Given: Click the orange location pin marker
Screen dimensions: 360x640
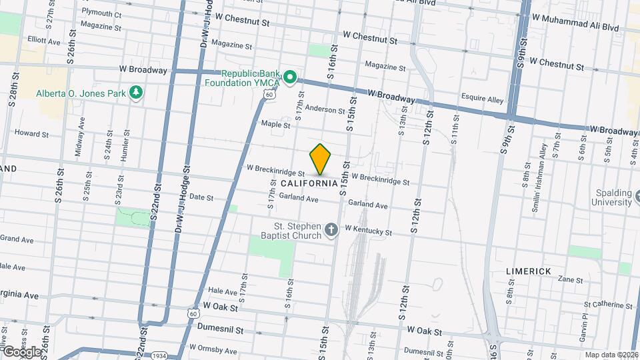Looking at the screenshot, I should coord(321,159).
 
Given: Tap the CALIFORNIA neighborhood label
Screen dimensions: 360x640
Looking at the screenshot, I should coord(309,183).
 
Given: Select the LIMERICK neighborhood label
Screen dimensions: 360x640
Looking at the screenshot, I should coord(528,271).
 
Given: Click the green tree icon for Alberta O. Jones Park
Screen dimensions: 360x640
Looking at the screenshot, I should coord(136,92).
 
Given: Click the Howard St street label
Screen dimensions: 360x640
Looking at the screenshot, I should coord(31,133).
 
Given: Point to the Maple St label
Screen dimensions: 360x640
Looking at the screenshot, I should coord(275,124).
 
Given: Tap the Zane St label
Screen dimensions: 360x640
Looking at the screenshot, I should coord(570,279).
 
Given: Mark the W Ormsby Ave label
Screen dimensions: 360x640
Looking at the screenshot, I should coord(213,349).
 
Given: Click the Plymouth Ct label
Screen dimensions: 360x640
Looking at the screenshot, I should coord(101,13).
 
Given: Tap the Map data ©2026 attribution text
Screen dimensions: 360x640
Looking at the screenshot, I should coord(611,355).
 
